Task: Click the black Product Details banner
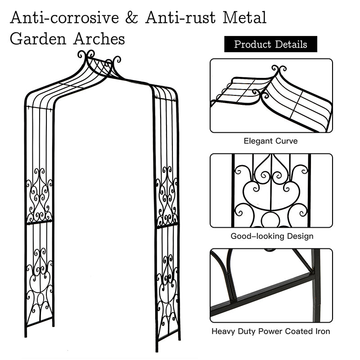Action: tap(270, 44)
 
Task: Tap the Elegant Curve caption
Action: tap(270, 141)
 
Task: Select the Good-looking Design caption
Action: tap(272, 236)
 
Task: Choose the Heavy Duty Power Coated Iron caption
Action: tap(271, 332)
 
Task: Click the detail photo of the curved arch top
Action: tap(271, 96)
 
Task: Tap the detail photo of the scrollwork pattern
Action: tap(271, 191)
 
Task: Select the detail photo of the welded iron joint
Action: tap(271, 285)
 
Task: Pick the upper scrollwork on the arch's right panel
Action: tap(167, 196)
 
